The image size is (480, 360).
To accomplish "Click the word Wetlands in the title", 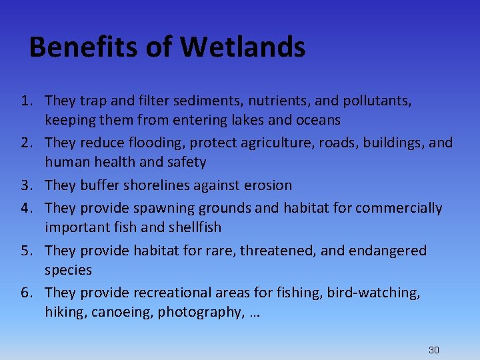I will click(x=243, y=47).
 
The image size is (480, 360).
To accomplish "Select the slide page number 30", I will click(x=434, y=350).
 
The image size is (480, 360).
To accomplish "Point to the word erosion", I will click(x=266, y=185).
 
